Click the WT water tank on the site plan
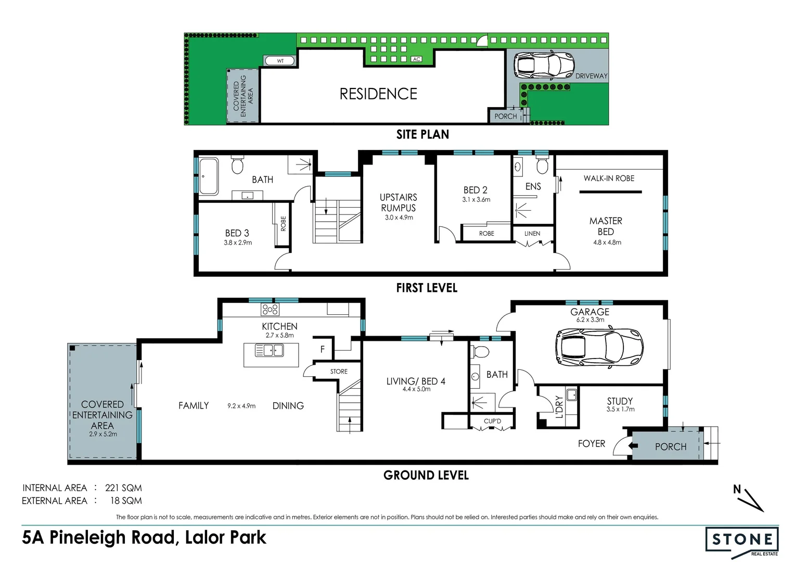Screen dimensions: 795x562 point(280,61)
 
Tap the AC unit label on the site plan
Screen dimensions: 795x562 point(417,59)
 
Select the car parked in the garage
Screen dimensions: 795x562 point(599,347)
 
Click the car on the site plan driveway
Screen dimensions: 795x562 point(544,65)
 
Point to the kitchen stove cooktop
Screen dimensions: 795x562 point(270,309)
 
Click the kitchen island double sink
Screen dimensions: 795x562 point(269,350)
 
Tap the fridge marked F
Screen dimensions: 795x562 point(322,349)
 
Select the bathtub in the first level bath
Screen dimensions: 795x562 point(209,176)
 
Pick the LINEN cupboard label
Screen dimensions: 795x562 point(532,233)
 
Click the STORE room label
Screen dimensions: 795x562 point(339,372)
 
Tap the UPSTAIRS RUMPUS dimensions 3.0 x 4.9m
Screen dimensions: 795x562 point(399,218)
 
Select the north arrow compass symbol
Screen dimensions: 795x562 point(749,499)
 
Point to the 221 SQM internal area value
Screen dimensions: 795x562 point(123,488)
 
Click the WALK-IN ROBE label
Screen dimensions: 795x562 point(609,178)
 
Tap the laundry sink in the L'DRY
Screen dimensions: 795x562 point(571,395)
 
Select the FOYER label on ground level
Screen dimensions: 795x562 point(591,443)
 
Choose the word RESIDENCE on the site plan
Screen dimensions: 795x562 point(378,94)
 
